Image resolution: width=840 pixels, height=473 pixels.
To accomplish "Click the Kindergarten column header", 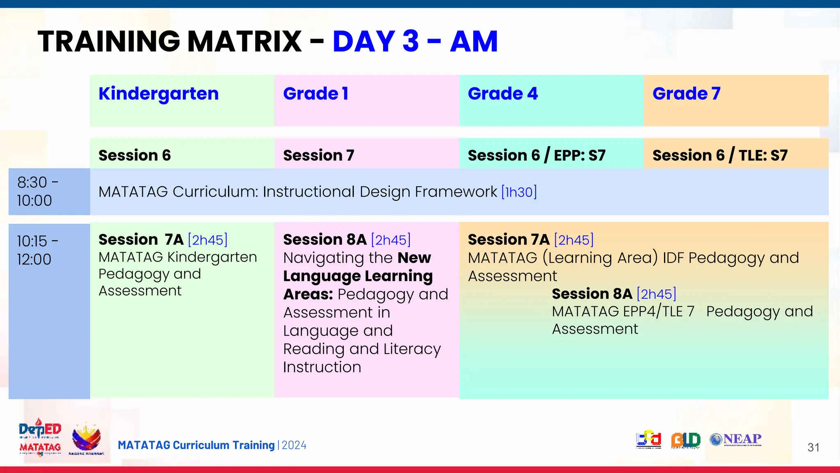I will [x=158, y=94].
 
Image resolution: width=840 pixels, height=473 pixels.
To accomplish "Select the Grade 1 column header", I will [x=315, y=94].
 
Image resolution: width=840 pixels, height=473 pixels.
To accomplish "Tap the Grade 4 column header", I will [x=502, y=94].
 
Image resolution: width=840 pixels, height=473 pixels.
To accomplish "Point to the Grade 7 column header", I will [x=686, y=94].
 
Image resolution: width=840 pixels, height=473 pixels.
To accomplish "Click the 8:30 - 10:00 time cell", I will [x=49, y=192].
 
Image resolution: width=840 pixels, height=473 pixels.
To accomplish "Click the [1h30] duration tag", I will [x=519, y=192].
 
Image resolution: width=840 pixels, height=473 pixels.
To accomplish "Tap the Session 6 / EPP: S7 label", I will [x=536, y=156].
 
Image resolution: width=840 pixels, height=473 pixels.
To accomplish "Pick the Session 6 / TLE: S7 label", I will [x=720, y=156].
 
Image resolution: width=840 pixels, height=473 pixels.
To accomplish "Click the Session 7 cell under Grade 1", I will [x=319, y=156].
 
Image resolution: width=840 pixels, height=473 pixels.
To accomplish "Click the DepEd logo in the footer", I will [x=40, y=429].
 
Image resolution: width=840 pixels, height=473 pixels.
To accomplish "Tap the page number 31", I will [x=813, y=448].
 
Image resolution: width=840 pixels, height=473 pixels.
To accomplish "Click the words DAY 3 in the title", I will [x=376, y=41].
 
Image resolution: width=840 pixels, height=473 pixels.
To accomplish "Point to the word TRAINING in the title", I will [x=109, y=41].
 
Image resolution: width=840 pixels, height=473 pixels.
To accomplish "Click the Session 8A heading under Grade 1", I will [x=325, y=239].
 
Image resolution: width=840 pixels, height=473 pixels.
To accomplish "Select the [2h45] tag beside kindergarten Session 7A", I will [x=208, y=240].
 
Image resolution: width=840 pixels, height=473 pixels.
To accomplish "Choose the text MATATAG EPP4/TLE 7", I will [x=623, y=312].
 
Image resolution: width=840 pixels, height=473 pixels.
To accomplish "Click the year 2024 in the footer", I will [x=294, y=445].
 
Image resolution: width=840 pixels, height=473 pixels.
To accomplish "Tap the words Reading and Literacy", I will [x=362, y=349].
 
